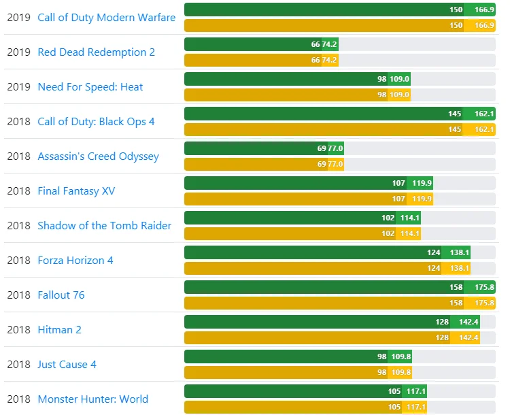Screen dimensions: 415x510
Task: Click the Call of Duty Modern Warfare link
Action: [x=106, y=18]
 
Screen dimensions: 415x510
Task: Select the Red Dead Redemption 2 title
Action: [x=96, y=52]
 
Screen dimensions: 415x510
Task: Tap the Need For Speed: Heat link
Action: [x=90, y=87]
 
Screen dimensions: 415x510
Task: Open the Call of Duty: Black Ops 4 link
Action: [x=96, y=122]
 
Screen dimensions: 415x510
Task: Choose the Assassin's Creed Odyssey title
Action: [x=98, y=156]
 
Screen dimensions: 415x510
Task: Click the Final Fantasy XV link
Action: [x=76, y=191]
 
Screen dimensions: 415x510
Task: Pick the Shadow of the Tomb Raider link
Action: [x=104, y=226]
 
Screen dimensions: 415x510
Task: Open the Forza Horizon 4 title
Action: [x=75, y=261]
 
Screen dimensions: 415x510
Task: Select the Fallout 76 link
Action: [x=61, y=295]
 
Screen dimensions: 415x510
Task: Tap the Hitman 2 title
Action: [x=59, y=330]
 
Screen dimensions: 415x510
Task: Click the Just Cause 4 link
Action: [x=67, y=365]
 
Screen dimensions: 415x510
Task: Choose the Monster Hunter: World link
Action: [x=92, y=399]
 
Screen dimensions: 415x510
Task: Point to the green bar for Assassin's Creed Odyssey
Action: [x=252, y=148]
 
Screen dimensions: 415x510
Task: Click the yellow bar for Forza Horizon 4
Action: [x=306, y=268]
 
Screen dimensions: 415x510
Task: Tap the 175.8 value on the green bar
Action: [x=484, y=287]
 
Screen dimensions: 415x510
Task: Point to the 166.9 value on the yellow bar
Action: [x=484, y=25]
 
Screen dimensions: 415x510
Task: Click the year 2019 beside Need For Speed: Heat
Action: [x=18, y=87]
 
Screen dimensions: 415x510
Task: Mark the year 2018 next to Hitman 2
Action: [x=18, y=330]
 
